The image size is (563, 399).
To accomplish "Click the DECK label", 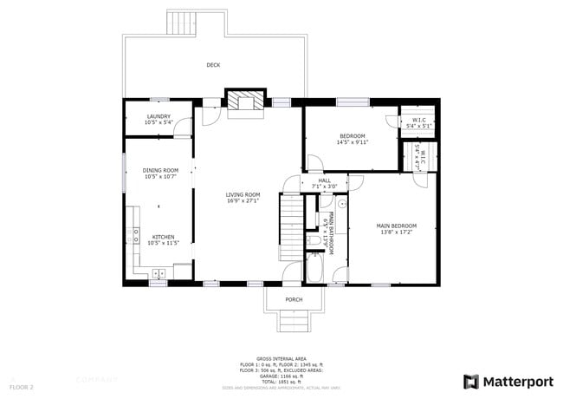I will pos(213,65).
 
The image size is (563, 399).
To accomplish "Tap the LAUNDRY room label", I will pos(159,116).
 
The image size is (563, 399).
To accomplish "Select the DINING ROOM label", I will pos(160,170).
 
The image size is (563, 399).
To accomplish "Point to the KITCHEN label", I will pos(164,236).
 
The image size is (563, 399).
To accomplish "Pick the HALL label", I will pos(324,180).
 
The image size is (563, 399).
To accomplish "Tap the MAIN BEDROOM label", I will pos(396,226).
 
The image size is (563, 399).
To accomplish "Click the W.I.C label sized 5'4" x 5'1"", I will pos(418,121).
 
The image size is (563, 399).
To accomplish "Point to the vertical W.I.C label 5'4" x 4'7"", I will pos(421,154).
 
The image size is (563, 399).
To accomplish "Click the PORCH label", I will pos(294,300).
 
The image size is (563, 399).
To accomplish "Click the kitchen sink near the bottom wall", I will pos(159,274).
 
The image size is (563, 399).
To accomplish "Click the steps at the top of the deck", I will pos(182,23).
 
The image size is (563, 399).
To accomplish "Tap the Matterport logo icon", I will pos(471,382).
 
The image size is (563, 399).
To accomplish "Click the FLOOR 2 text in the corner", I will pos(22,386).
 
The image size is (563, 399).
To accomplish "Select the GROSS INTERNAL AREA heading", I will pos(281,357).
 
